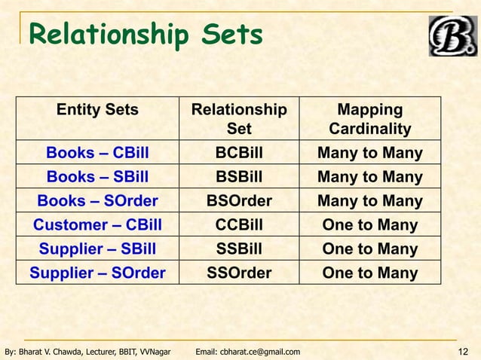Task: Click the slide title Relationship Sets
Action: pos(146,35)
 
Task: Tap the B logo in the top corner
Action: pos(452,35)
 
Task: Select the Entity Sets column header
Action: pos(97,110)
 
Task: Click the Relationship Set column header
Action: pos(239,119)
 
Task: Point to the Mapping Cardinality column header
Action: pos(369,119)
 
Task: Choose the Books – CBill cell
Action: pos(97,154)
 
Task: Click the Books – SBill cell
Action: pos(97,178)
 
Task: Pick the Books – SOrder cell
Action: pos(97,201)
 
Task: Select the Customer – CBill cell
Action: pos(97,225)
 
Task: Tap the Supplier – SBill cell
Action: pos(97,249)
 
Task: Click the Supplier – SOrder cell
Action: pos(97,273)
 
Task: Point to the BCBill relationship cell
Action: pos(239,154)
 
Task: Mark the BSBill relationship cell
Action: pos(239,178)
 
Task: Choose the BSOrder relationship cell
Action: pos(239,201)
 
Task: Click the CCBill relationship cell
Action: pos(239,225)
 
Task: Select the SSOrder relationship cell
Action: pos(239,273)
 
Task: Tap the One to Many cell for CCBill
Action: pos(369,225)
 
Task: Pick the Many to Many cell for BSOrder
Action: pos(369,201)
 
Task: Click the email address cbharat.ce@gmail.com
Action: pos(247,352)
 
